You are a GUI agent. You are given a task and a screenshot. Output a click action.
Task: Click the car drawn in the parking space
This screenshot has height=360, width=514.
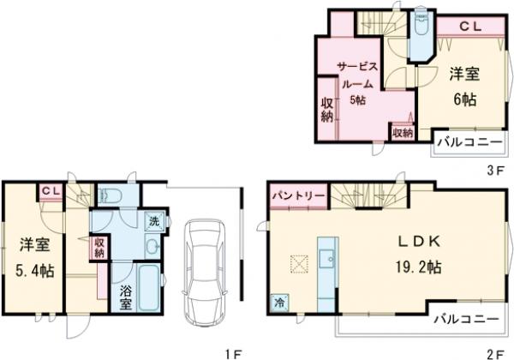click(204, 273)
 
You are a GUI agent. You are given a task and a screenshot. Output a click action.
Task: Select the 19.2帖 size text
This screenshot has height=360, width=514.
click(418, 267)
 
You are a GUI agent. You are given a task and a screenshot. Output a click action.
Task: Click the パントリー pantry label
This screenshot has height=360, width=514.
click(299, 196)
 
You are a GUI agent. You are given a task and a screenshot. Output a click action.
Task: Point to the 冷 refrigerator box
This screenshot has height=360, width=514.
click(279, 303)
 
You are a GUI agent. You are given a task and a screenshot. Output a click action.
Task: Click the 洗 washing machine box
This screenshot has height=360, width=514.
click(154, 221)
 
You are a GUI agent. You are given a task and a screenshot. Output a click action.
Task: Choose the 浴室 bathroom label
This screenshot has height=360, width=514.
click(125, 297)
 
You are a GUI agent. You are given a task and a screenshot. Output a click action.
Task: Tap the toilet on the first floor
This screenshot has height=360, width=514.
click(111, 196)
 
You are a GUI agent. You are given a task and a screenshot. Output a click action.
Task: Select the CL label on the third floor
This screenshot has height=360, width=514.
click(470, 27)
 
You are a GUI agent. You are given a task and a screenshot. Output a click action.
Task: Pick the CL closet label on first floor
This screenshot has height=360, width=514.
click(51, 191)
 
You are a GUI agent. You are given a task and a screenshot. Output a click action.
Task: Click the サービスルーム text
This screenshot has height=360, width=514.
click(357, 75)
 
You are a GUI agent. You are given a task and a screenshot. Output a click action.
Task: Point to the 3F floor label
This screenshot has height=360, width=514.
click(494, 171)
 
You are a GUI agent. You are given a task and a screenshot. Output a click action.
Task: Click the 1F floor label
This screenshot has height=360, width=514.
click(233, 354)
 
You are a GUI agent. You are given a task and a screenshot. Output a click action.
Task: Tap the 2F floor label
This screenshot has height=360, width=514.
click(494, 354)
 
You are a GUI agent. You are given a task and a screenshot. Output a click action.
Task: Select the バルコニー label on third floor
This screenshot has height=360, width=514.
click(470, 142)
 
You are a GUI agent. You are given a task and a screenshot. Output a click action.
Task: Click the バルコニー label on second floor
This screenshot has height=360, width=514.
click(467, 319)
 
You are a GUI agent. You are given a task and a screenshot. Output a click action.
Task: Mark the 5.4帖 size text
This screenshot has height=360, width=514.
click(35, 271)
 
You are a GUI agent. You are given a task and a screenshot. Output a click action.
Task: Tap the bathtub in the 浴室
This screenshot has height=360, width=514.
click(148, 288)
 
